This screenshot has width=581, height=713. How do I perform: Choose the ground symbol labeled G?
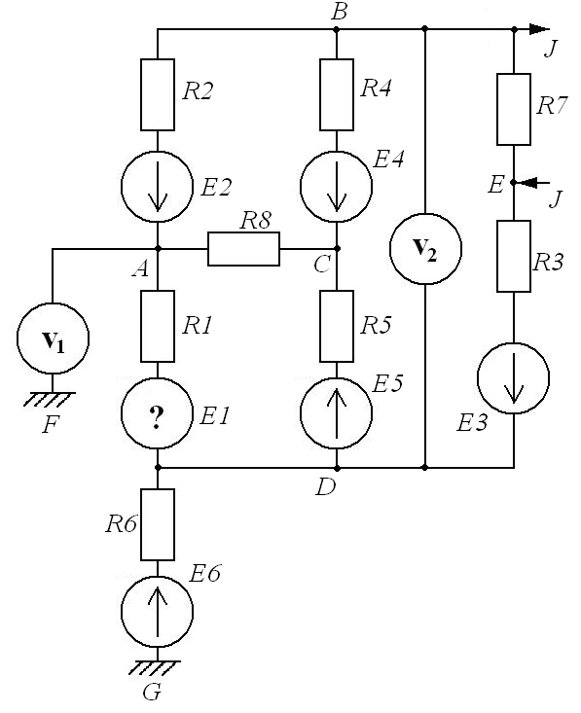[x=155, y=667]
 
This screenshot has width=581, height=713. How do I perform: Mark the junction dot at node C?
[x=337, y=249]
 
